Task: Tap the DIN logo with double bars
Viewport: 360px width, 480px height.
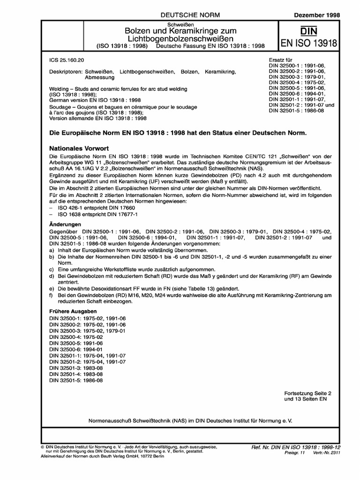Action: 308,31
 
